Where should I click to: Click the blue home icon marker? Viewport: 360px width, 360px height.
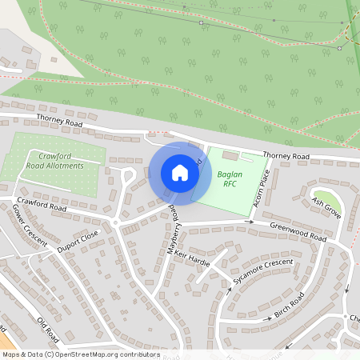tap(180, 173)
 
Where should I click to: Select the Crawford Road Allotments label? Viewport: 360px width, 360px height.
tap(54, 160)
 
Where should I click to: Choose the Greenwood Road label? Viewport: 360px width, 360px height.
tap(298, 232)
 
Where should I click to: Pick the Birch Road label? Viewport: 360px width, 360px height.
tap(289, 305)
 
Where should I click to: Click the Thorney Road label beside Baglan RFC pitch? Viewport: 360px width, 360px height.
tap(285, 155)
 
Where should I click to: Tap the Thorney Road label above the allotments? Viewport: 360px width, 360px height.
tap(58, 122)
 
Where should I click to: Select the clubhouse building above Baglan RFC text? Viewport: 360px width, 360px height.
tap(230, 155)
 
